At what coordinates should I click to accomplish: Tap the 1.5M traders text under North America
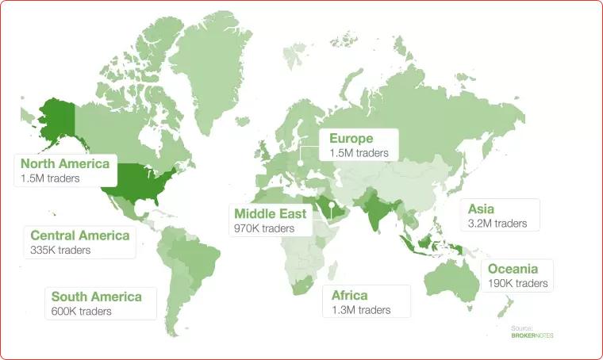[x=52, y=179]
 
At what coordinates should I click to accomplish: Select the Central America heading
[x=79, y=236]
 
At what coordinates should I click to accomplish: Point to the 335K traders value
[x=60, y=250]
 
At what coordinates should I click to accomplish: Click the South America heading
[x=96, y=297]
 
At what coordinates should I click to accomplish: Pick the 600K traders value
[x=81, y=311]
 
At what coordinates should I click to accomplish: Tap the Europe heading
[x=351, y=138]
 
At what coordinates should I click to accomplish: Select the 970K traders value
[x=264, y=228]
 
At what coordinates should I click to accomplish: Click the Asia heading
[x=481, y=209]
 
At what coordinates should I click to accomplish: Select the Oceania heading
[x=513, y=269]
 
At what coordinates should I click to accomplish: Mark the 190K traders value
[x=517, y=283]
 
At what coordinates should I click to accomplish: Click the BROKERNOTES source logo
[x=532, y=335]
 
